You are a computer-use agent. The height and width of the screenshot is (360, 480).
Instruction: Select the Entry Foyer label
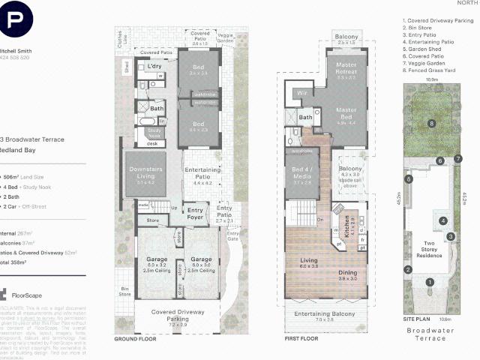[196, 214]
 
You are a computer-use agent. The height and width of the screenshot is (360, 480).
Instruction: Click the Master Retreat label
[346, 71]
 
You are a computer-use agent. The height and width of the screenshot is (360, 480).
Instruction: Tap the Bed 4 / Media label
[302, 178]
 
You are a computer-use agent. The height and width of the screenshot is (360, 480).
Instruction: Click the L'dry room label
[155, 67]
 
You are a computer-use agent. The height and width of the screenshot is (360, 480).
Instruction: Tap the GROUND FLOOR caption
[134, 339]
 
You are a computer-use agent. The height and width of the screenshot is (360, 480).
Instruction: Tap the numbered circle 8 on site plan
[431, 122]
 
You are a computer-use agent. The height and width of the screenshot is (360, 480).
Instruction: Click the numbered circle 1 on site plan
[430, 283]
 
